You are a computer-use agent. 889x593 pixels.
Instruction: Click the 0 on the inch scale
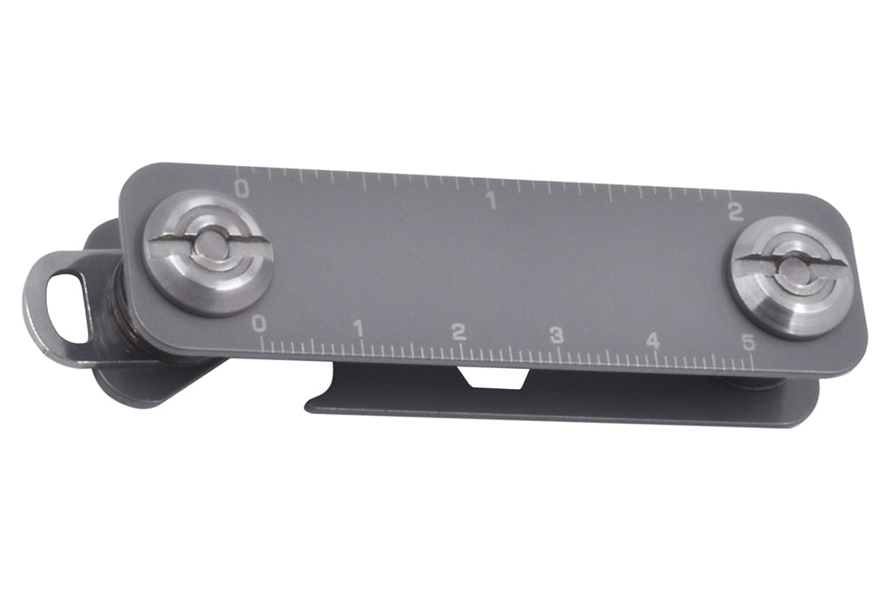[x=242, y=188]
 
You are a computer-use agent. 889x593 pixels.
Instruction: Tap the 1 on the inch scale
[x=491, y=201]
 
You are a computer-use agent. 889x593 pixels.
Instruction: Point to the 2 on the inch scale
[x=735, y=212]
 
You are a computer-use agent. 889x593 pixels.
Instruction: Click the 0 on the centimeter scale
[x=259, y=324]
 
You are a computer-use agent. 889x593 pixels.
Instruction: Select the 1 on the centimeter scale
[x=359, y=328]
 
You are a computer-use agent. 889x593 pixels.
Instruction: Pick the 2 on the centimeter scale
[x=458, y=333]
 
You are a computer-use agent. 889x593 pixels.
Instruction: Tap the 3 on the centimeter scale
[x=556, y=336]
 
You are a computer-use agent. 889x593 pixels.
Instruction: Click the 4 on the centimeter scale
[x=653, y=340]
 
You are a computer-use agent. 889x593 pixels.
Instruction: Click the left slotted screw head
[x=208, y=253]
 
